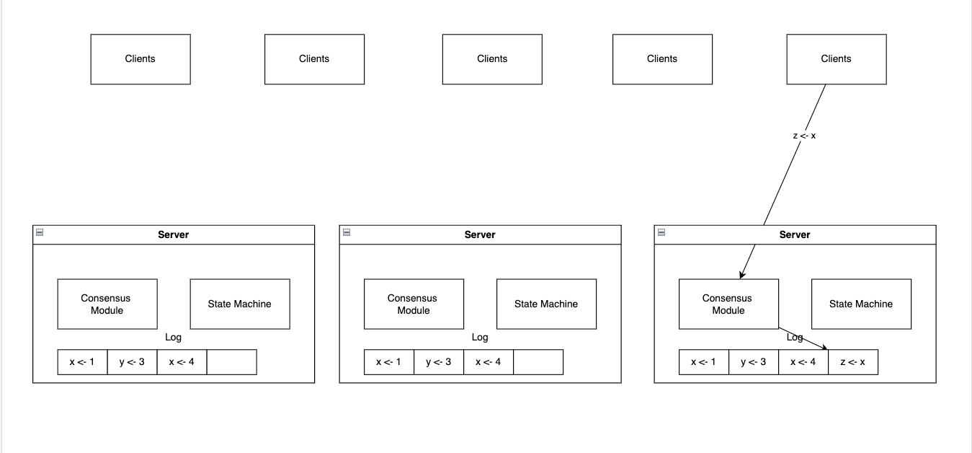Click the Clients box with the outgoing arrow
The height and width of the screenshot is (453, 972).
pos(837,59)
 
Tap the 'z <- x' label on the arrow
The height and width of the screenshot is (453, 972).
pos(804,136)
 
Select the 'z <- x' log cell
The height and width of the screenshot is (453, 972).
pos(853,362)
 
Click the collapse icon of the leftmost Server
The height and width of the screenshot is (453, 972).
pos(40,232)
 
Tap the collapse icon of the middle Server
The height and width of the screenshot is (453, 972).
pos(347,232)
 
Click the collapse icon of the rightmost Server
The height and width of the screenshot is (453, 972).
pos(661,232)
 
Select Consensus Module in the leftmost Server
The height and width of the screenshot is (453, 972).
pos(107,304)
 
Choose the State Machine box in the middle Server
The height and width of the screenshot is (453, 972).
pos(546,304)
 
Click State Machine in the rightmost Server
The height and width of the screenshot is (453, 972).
pos(861,304)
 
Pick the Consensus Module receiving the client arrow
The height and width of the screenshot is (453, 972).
pos(728,304)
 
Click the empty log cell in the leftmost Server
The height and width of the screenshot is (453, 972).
pos(232,362)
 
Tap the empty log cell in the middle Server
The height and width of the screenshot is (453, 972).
pos(538,362)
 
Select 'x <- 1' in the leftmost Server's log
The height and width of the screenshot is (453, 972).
pos(82,362)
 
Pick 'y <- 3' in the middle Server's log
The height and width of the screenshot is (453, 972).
pos(439,362)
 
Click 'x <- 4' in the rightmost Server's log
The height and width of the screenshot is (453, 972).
pos(803,362)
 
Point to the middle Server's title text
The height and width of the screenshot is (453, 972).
pos(479,234)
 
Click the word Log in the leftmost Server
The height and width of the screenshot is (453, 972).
pos(173,337)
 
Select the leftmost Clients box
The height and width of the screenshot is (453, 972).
pos(141,59)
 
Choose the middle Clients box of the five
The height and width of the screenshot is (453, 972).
pos(492,59)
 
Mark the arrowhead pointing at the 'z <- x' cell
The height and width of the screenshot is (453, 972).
pos(825,348)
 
